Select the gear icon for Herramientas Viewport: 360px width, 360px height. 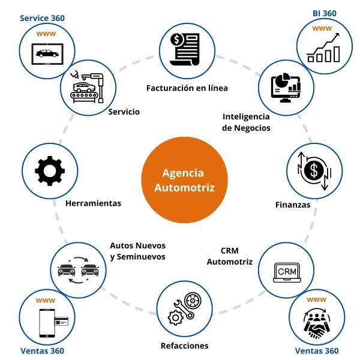click(x=50, y=171)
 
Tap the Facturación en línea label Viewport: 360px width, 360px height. click(x=187, y=88)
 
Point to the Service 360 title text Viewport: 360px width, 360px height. click(x=42, y=18)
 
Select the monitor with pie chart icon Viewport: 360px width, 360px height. click(x=286, y=87)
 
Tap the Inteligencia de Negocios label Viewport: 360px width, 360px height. click(x=246, y=122)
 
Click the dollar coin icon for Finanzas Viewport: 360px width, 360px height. click(x=313, y=171)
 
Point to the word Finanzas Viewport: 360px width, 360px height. click(x=293, y=205)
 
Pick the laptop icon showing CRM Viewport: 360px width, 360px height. click(x=286, y=271)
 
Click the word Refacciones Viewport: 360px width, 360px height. click(x=184, y=346)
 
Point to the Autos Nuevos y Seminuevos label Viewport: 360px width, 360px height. click(x=137, y=251)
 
